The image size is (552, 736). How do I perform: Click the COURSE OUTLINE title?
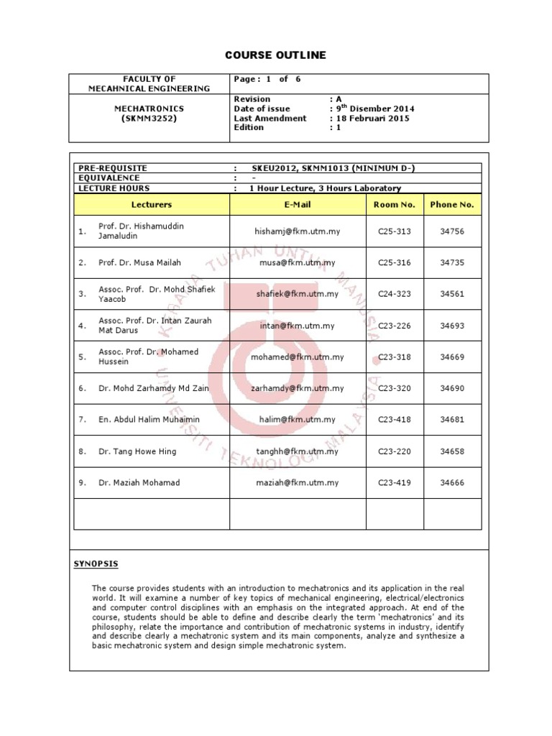tap(276, 55)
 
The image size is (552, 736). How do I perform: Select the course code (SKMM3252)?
tap(149, 118)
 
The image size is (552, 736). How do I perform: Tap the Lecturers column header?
tap(152, 205)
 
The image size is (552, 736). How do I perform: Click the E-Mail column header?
tap(297, 205)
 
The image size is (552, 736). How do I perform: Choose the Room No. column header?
tap(394, 205)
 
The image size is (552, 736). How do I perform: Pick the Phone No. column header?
tap(451, 205)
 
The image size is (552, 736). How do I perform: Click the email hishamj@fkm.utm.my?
tap(297, 231)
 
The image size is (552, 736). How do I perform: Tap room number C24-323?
tap(394, 294)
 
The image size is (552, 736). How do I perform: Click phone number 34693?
tap(451, 326)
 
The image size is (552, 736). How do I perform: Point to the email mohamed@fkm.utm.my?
tap(297, 357)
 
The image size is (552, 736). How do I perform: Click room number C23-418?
tap(394, 419)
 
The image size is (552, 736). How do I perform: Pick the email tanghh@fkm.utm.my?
tap(297, 451)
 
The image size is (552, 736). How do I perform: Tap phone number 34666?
tap(451, 483)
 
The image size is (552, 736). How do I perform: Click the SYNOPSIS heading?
tap(96, 563)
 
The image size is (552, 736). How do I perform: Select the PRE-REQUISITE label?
tap(111, 168)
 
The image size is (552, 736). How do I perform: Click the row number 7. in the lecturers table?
tap(83, 419)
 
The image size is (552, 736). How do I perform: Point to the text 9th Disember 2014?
tap(374, 109)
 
